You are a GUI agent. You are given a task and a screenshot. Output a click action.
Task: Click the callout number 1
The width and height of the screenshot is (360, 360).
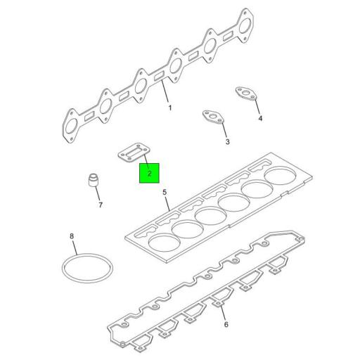coord(169,108)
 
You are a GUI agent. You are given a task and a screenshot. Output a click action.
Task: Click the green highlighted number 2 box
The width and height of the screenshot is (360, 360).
coord(150,172)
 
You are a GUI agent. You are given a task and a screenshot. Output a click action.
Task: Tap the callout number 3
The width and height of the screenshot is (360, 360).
coord(227,142)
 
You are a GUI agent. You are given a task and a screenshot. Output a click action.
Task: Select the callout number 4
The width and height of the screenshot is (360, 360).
coord(259,118)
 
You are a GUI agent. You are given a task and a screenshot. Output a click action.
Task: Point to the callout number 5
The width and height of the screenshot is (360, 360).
coord(165,192)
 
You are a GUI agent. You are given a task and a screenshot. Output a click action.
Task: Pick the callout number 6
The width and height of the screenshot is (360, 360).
coord(226,324)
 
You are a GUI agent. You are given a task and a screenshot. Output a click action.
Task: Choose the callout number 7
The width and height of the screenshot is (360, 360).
coord(100,205)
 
